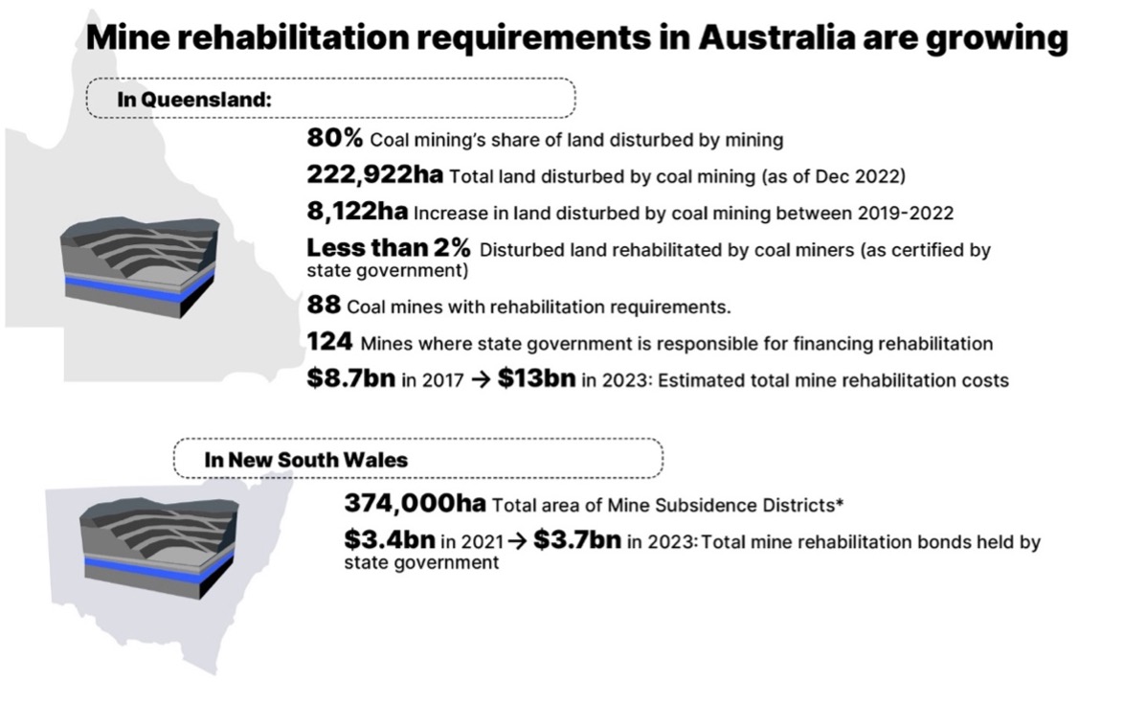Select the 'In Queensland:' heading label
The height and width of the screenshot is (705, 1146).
(x=193, y=99)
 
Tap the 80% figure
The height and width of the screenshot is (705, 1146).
(x=334, y=139)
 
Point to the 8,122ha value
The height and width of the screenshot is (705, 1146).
(x=357, y=211)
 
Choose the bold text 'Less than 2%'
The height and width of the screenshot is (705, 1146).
(x=388, y=248)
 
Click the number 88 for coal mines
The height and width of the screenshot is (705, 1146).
(x=324, y=307)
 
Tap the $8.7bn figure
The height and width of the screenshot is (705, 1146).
(x=350, y=378)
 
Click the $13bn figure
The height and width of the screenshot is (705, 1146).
(x=536, y=378)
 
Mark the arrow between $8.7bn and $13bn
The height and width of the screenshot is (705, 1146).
(x=482, y=379)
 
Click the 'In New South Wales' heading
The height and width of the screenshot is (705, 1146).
(x=305, y=460)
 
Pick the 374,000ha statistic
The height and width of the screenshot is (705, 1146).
(x=415, y=504)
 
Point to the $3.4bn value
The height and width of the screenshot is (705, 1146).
(x=390, y=540)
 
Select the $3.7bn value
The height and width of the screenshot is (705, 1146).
(x=577, y=540)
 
